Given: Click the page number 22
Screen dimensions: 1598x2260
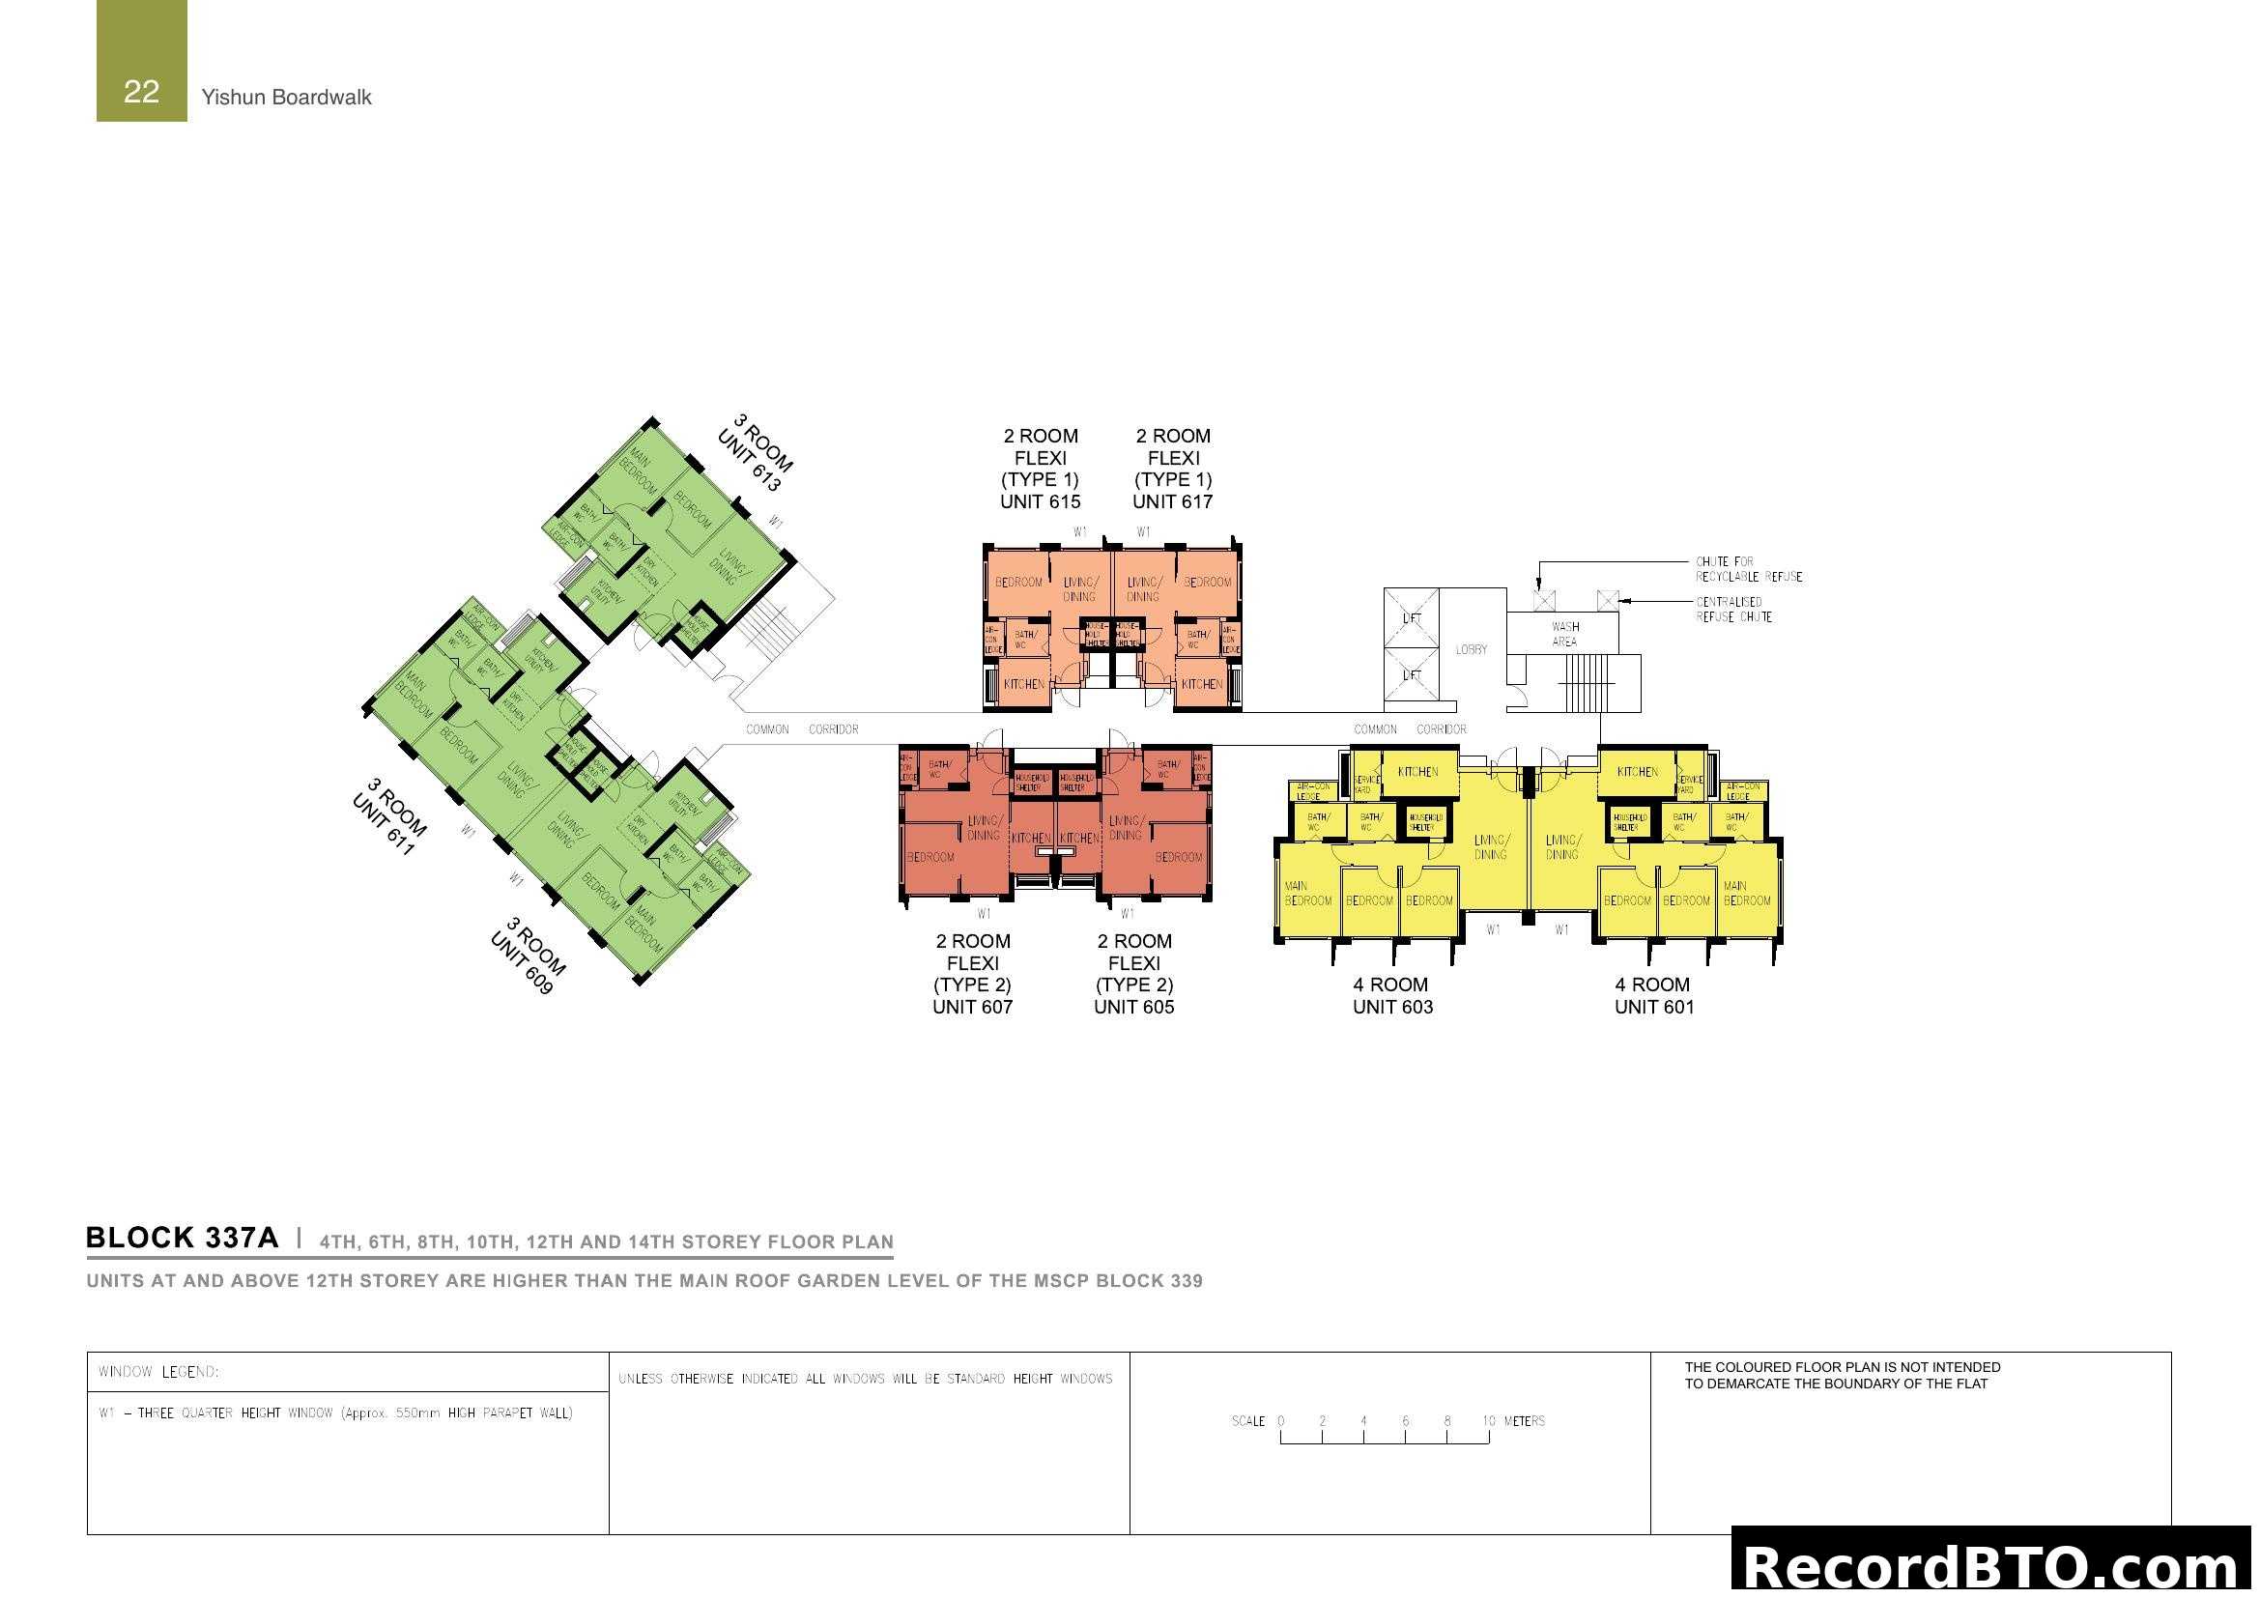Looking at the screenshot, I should coord(141,92).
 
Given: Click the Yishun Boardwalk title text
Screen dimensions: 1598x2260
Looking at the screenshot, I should coord(286,98).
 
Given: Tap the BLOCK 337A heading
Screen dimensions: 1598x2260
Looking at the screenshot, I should coord(182,1238).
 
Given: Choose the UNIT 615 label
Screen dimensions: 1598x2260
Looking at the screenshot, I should coord(1041,501).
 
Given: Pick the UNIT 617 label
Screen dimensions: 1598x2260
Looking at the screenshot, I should coord(1172,501).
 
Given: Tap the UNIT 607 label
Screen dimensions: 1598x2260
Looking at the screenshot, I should coord(973,1007).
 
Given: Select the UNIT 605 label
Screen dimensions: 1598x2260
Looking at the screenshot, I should coord(1134,1007).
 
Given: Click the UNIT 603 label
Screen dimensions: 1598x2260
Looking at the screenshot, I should coord(1393,1007).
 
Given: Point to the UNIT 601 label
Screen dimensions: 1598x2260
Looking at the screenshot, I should coord(1654,1007).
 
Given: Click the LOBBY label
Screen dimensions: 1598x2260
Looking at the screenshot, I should coord(1472,650).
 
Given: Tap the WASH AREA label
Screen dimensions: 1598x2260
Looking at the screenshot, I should coord(1565,635).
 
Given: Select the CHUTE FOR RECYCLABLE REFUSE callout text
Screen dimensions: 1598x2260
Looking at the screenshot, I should coord(1749,570).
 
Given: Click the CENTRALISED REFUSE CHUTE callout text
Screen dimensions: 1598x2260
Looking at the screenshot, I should coord(1733,610).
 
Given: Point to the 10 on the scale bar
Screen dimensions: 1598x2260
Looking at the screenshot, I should coord(1489,1421).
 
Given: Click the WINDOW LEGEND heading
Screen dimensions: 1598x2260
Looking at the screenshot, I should coord(158,1373).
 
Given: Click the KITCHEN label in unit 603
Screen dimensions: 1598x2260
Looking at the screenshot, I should coord(1418,773).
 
